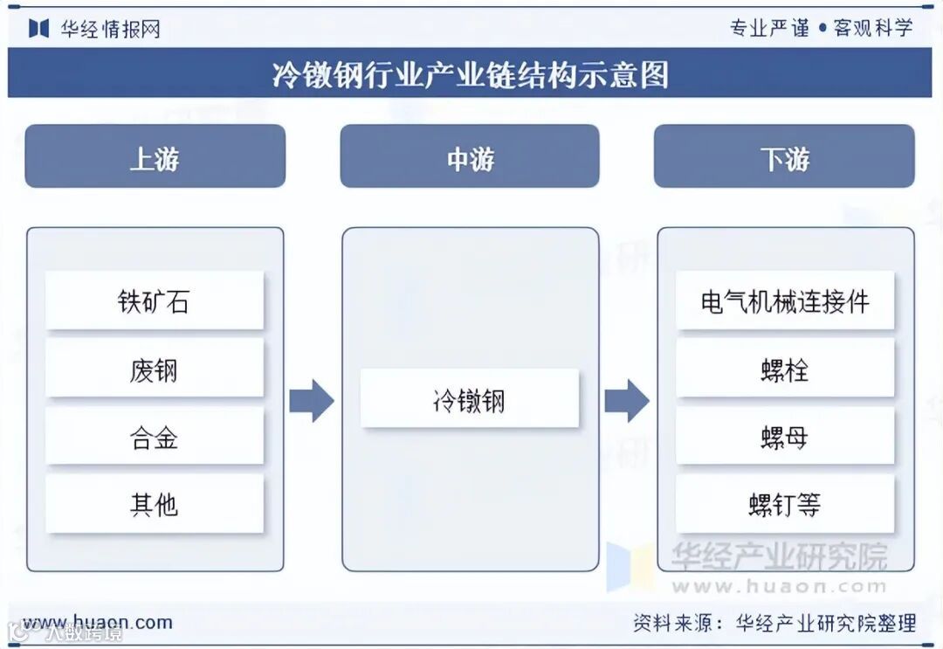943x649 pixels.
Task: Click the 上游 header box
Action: click(x=155, y=157)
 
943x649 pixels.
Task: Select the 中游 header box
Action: click(x=470, y=157)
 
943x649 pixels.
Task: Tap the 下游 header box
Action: click(x=784, y=157)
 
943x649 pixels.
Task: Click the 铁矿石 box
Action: click(x=155, y=301)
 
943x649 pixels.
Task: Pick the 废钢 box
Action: click(x=155, y=369)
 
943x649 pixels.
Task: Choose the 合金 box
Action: click(x=155, y=437)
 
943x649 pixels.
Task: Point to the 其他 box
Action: click(x=155, y=504)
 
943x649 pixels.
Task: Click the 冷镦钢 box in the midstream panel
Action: click(x=470, y=399)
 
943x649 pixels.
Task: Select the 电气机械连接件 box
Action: click(x=785, y=301)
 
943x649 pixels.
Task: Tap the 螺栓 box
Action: click(x=785, y=369)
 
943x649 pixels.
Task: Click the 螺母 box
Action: click(x=785, y=437)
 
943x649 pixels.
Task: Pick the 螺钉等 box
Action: click(x=785, y=504)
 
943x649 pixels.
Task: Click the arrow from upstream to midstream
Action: click(x=312, y=401)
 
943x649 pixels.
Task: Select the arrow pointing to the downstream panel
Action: click(x=627, y=401)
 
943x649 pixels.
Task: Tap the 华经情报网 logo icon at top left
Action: click(x=38, y=28)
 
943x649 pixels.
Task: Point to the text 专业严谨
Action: click(x=769, y=28)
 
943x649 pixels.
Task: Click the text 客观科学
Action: click(x=873, y=28)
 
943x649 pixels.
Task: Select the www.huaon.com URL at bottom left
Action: click(x=98, y=622)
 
